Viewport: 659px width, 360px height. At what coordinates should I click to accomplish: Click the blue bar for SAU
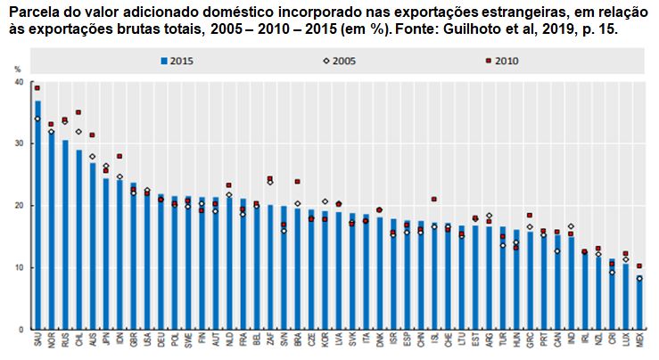click(37, 214)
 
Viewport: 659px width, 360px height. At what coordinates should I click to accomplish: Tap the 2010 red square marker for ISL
click(433, 200)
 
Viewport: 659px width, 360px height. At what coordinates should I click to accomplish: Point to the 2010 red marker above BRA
click(297, 182)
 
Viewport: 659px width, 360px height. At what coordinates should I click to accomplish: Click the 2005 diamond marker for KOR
click(325, 201)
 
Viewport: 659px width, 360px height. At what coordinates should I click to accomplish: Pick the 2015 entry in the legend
click(178, 61)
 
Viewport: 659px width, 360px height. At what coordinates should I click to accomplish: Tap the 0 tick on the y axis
click(21, 330)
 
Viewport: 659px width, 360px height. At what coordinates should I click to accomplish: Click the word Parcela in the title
click(32, 12)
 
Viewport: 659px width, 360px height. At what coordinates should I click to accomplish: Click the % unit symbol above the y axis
click(19, 68)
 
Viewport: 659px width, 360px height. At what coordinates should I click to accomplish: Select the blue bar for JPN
click(106, 254)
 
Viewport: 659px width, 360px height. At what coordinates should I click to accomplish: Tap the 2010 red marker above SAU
click(37, 88)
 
